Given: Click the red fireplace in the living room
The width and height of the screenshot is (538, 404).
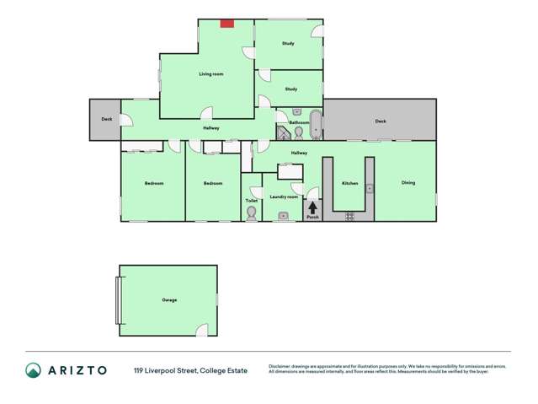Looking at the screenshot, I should (226, 24).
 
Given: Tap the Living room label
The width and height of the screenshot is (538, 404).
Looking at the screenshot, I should (211, 74).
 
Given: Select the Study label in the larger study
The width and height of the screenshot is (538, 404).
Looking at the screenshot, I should (288, 43).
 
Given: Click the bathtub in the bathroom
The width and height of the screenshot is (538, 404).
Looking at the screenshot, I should (316, 124).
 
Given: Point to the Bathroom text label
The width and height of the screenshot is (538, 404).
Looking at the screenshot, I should (299, 122).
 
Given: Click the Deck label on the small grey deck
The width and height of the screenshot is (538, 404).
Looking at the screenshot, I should (107, 119).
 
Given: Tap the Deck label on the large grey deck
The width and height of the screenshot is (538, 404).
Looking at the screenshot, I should (381, 121).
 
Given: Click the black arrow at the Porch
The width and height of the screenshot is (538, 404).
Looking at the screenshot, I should (312, 207).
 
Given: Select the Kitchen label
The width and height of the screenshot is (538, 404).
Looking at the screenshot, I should (350, 183).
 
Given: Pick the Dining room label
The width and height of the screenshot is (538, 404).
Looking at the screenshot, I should (407, 183).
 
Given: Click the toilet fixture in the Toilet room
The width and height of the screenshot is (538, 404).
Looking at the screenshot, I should (252, 213).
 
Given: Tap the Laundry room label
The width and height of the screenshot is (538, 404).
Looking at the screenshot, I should (284, 197).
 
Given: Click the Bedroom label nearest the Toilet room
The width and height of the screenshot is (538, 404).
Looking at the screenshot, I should (213, 183).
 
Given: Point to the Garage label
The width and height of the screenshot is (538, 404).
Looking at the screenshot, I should (169, 299).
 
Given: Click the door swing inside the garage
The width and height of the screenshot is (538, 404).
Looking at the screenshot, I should (201, 330).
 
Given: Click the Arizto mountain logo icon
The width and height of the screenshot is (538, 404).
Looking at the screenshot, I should (33, 370).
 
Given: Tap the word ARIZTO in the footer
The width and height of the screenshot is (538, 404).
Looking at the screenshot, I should (77, 370).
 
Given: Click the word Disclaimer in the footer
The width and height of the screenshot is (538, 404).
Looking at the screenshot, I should (283, 366).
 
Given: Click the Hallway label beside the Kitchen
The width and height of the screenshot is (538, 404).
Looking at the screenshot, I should (299, 153).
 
